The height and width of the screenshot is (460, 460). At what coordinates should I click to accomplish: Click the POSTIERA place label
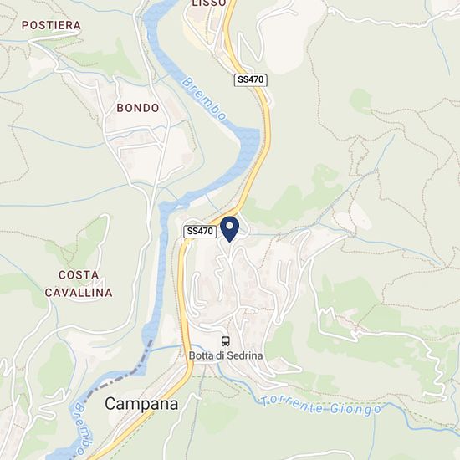coord(51,25)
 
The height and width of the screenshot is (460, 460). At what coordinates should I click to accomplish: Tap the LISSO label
coord(208,3)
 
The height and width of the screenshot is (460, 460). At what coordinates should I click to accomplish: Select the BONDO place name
coord(137,108)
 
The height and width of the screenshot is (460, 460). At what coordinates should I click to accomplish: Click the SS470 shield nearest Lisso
coord(250,79)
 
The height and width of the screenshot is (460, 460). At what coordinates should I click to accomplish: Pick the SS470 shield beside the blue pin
coord(201,231)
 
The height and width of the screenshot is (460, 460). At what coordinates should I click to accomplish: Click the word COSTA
coord(79,274)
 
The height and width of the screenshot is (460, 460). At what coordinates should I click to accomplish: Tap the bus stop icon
coord(226,341)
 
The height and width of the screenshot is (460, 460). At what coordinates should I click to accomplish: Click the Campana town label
coord(141,404)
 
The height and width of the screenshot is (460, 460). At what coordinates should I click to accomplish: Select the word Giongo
coord(355,409)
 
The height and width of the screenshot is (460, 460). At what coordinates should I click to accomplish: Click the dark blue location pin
coord(229,228)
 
